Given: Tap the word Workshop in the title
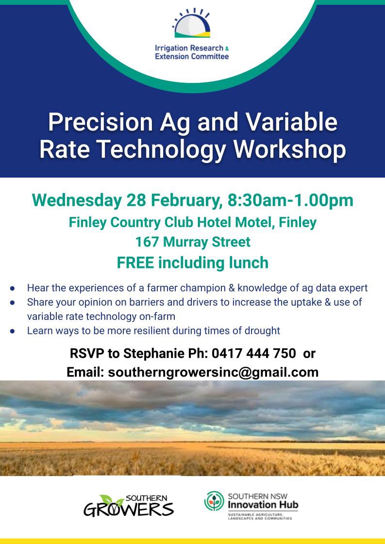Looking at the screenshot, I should [x=290, y=149].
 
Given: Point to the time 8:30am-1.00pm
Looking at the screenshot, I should [x=290, y=200].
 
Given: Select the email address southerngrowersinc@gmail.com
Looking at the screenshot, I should [x=213, y=372].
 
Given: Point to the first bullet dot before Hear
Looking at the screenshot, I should [x=13, y=288].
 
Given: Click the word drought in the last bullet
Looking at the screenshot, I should [x=263, y=330].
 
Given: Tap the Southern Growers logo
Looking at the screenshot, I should [x=129, y=505].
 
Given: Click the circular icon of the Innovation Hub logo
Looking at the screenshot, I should [x=214, y=501].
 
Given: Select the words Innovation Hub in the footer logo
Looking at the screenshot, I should [x=263, y=505].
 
